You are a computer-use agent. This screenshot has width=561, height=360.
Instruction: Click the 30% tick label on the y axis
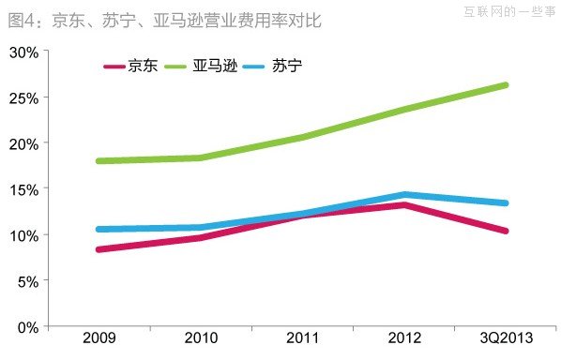tap(23, 52)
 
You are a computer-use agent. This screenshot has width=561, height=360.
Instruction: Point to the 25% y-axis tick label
tap(23, 97)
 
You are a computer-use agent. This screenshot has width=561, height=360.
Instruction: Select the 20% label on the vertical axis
tap(23, 143)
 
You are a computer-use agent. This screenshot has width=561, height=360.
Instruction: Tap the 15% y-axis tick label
tap(23, 189)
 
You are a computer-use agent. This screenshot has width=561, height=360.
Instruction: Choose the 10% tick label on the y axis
tap(23, 234)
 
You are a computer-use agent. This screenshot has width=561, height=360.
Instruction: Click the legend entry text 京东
tap(144, 67)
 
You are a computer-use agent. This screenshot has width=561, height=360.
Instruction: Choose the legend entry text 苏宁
tap(286, 67)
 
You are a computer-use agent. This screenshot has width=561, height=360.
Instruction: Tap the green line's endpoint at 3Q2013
tap(505, 85)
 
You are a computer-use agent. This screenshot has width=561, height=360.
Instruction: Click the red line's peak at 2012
tap(403, 204)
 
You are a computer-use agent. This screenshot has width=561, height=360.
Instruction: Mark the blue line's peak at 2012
tap(403, 195)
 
